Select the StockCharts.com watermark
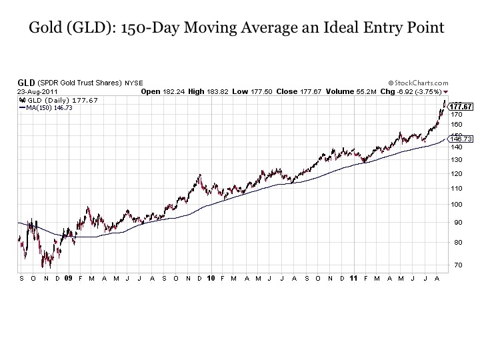418,83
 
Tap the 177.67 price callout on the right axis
461,107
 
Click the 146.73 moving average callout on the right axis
461,139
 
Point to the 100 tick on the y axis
456,205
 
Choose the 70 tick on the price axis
458,265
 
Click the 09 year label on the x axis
68,278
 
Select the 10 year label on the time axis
211,278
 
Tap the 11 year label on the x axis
353,278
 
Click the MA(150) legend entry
46,108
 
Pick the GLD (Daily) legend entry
58,101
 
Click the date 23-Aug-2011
37,92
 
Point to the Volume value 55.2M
366,91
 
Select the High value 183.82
217,91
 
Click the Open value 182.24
173,91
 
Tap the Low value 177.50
261,91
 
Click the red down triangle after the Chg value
446,92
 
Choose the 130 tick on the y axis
456,160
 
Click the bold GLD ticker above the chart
26,83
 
